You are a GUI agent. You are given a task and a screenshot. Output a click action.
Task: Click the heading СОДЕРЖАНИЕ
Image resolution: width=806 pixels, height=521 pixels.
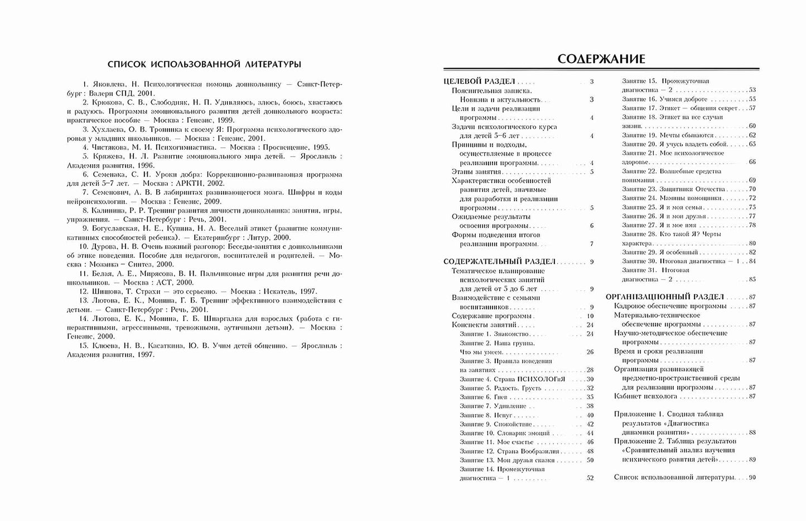pyautogui.click(x=601, y=59)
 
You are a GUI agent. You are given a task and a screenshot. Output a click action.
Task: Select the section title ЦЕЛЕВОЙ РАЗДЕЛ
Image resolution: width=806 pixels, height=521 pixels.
pyautogui.click(x=479, y=82)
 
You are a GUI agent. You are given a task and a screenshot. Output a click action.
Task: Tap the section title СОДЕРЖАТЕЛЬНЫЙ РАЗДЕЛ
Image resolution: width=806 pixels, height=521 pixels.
pyautogui.click(x=499, y=261)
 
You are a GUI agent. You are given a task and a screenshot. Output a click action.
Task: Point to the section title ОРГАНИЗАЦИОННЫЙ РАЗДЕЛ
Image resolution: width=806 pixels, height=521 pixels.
pyautogui.click(x=664, y=297)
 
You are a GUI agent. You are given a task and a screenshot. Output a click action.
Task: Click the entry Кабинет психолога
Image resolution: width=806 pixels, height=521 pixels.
pyautogui.click(x=645, y=396)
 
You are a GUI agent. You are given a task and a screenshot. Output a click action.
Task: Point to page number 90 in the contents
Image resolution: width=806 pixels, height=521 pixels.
pyautogui.click(x=752, y=477)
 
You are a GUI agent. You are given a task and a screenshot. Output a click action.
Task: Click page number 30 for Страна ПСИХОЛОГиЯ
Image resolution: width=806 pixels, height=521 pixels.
pyautogui.click(x=590, y=379)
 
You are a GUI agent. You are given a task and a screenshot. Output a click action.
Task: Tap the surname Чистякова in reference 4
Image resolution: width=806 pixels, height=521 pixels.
pyautogui.click(x=108, y=147)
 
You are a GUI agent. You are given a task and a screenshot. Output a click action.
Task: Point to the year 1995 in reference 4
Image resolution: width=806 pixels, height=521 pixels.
pyautogui.click(x=317, y=147)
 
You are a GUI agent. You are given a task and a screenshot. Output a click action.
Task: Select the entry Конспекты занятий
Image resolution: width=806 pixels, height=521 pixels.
pyautogui.click(x=484, y=325)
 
